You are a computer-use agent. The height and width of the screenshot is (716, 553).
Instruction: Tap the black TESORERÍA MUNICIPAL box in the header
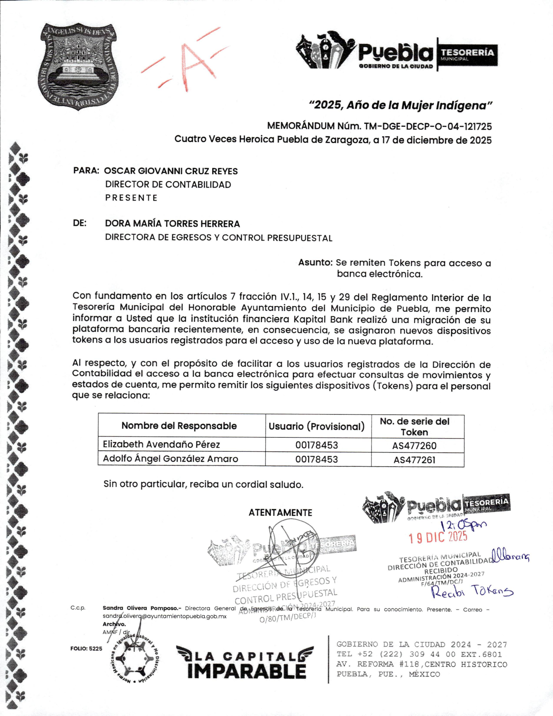click(467, 54)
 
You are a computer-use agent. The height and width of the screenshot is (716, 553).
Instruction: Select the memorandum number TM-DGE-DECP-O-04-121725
click(428, 127)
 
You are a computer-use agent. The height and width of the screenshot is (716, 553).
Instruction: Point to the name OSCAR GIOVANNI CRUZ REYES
click(171, 171)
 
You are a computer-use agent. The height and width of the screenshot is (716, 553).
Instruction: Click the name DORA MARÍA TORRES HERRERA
click(172, 224)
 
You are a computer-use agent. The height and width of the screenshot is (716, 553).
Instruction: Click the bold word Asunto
click(315, 263)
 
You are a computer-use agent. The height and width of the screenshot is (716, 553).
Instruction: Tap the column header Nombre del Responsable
click(179, 426)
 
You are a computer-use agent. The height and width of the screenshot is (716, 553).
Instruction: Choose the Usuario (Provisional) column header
click(316, 426)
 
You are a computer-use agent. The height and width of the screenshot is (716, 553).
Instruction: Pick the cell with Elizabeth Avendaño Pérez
click(161, 445)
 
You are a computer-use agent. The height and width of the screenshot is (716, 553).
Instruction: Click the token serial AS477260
click(415, 446)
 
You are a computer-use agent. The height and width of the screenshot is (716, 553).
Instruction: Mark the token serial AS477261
click(415, 460)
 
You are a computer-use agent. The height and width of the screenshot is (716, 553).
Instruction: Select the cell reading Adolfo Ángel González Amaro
click(171, 459)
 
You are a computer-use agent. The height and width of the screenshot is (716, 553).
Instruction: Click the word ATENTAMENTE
click(280, 513)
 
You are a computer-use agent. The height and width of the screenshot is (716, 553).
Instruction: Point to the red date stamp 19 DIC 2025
click(438, 538)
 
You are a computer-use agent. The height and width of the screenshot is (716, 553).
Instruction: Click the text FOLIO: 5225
click(86, 649)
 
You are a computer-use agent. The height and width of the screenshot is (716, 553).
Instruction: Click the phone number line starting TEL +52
click(419, 655)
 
